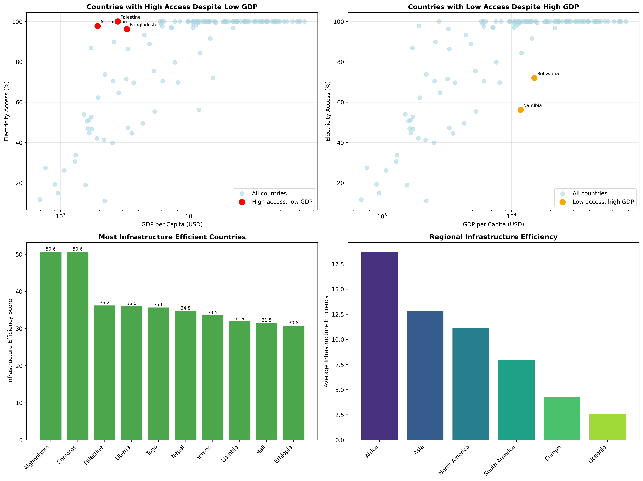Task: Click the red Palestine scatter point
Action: (117, 22)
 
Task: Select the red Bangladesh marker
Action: (127, 29)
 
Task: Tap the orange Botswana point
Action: (534, 78)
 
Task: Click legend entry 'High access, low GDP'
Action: (282, 202)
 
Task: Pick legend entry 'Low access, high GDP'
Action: (603, 202)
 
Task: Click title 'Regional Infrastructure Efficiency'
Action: (493, 237)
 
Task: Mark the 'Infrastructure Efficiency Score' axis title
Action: (10, 341)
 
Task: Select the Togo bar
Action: (158, 373)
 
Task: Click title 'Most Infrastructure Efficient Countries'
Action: (172, 237)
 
